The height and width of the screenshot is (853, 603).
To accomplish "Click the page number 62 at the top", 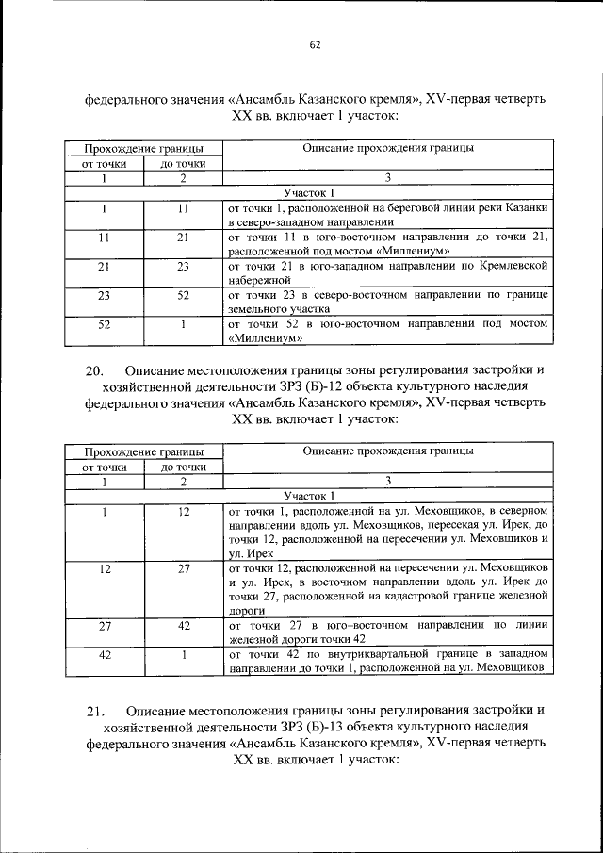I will point(315,42).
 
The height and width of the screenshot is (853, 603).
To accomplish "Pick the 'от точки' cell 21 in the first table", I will point(104,267).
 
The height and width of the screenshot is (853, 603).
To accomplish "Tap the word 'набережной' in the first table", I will point(255,282).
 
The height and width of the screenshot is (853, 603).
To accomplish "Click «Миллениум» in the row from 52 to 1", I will point(267,336).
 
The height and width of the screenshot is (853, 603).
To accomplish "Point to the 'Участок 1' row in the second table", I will point(308,495).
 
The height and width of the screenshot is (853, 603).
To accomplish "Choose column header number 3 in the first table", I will point(386,177).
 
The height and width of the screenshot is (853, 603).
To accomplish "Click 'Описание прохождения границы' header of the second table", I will point(387,451).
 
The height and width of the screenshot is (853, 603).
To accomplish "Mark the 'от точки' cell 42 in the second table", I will point(104,654).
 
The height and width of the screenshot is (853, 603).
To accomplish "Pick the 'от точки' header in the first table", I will point(104,163).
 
